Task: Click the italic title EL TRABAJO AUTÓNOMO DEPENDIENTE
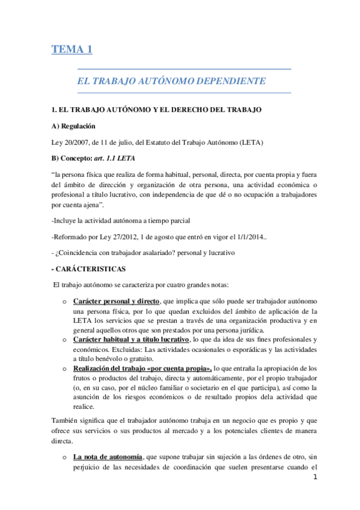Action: click(x=171, y=80)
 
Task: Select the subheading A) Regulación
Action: click(x=74, y=126)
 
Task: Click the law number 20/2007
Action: click(x=73, y=142)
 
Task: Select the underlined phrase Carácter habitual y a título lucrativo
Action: click(x=130, y=340)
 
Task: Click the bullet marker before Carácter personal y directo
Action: click(x=64, y=301)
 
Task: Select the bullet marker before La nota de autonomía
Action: click(x=64, y=459)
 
